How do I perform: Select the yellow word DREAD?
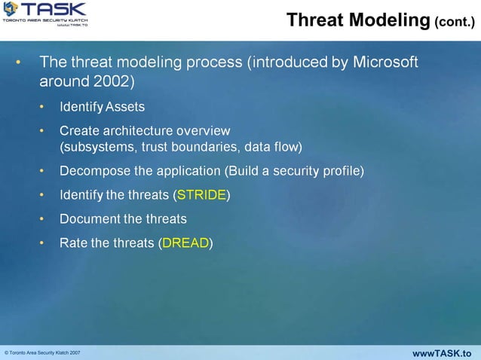point(185,243)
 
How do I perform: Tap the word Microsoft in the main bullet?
point(385,62)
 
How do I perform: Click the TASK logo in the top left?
point(45,14)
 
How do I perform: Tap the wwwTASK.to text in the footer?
point(443,353)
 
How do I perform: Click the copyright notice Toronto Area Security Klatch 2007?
point(43,353)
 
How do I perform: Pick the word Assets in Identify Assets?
point(125,107)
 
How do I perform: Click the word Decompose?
point(94,171)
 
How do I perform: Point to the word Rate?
point(73,243)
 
